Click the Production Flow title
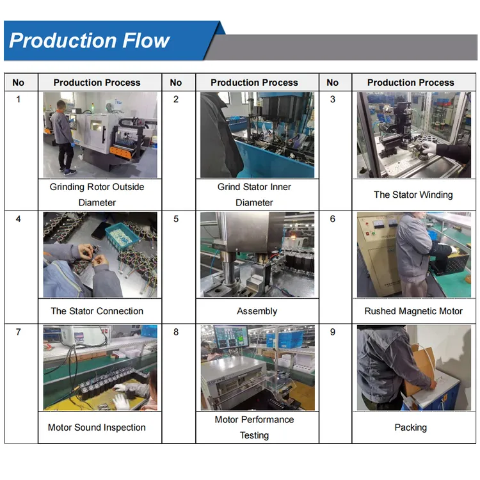pyautogui.click(x=90, y=41)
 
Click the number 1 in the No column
pyautogui.click(x=18, y=99)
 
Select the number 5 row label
pyautogui.click(x=176, y=219)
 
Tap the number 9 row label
pyautogui.click(x=332, y=332)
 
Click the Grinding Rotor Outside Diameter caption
pyautogui.click(x=97, y=195)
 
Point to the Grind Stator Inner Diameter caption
pyautogui.click(x=254, y=195)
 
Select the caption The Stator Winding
pyautogui.click(x=413, y=195)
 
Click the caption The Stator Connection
pyautogui.click(x=97, y=311)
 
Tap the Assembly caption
pyautogui.click(x=257, y=311)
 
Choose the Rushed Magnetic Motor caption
pyautogui.click(x=413, y=311)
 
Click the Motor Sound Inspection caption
pyautogui.click(x=97, y=428)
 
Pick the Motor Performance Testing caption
pyautogui.click(x=254, y=428)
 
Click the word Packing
pyautogui.click(x=410, y=428)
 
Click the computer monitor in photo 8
pyautogui.click(x=230, y=337)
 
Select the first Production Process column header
pyautogui.click(x=97, y=83)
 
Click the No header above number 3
pyautogui.click(x=332, y=83)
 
